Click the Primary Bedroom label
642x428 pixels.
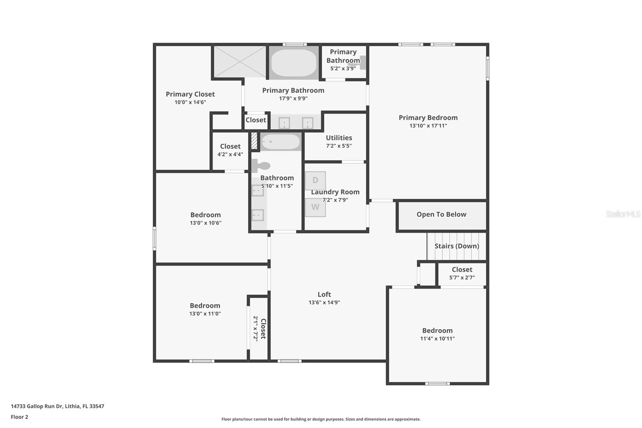point(428,118)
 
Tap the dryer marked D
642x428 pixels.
point(315,181)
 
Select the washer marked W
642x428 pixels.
point(315,207)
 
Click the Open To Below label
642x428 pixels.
point(441,214)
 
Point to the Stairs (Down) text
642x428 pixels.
point(457,246)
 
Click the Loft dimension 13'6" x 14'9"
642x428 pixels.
point(324,303)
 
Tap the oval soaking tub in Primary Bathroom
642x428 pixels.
point(294,63)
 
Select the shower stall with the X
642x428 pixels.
point(240,61)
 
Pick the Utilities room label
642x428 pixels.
point(339,138)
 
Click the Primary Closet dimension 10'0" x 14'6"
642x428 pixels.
point(190,102)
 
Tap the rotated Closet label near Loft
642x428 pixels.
point(263,329)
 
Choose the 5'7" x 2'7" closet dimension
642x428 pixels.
point(462,277)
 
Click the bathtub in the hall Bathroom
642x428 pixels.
point(280,142)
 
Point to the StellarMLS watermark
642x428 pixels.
point(623,214)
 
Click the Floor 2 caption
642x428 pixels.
point(19,417)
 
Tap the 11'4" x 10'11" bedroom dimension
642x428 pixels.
point(437,338)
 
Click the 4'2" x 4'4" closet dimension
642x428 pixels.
point(230,155)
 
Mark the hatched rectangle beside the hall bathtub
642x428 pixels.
point(254,141)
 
